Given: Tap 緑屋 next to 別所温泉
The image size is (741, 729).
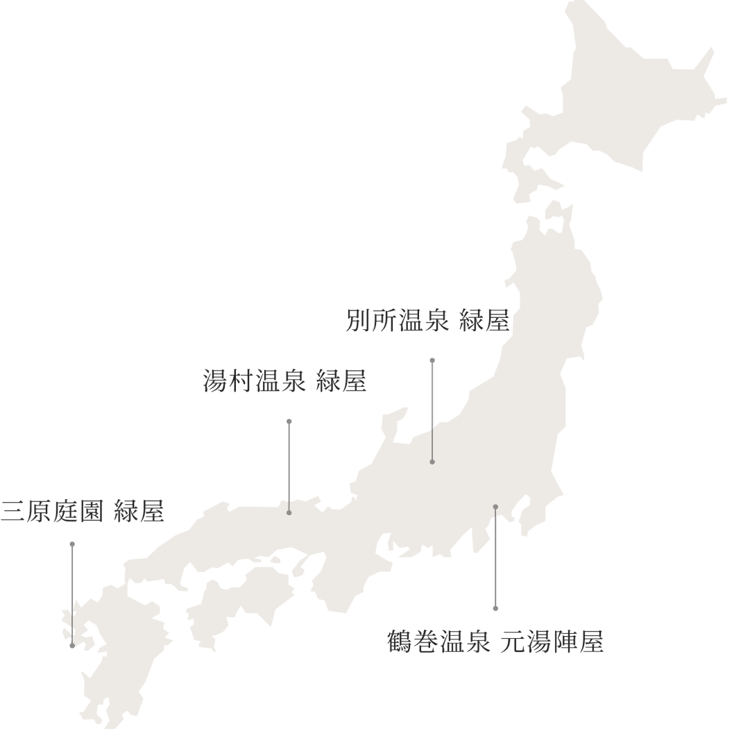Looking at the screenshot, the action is click(484, 322).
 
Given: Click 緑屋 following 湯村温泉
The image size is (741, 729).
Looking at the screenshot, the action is click(341, 382).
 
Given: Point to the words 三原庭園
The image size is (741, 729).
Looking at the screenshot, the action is click(52, 511).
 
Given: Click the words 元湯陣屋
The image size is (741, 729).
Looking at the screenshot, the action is click(552, 642).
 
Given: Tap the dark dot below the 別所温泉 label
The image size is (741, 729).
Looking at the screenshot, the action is click(432, 360).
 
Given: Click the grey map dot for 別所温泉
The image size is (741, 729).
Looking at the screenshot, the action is click(432, 462).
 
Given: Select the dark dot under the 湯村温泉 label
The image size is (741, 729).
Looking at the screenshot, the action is click(289, 421).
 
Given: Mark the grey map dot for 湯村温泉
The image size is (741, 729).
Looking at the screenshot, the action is click(289, 512).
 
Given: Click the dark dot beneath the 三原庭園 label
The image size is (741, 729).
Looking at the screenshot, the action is click(72, 544).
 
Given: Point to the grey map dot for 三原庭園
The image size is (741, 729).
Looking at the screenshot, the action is click(72, 646).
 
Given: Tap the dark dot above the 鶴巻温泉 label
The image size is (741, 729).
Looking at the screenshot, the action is click(495, 608).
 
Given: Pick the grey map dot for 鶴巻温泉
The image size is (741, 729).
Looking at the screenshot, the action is click(495, 507).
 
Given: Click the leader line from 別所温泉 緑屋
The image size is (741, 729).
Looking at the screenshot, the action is click(432, 410).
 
